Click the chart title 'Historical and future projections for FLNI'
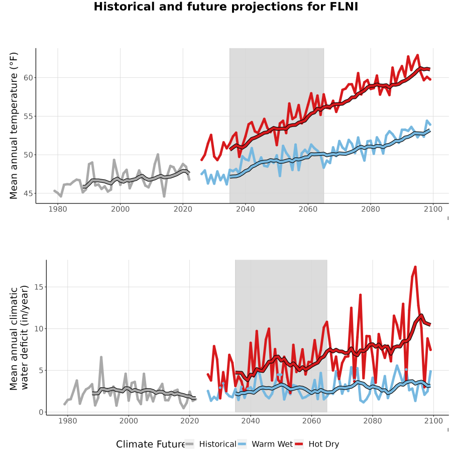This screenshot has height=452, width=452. pos(225,7)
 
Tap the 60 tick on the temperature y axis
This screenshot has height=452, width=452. pos(28,78)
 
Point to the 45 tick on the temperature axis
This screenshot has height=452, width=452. pos(28,193)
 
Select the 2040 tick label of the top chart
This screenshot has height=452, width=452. pos(245,209)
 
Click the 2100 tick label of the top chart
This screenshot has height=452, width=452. pos(433,209)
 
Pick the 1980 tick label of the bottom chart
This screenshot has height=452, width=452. pos(68,421)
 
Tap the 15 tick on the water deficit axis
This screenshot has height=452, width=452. pos(39,287)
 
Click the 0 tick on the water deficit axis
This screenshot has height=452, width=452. pos(41,412)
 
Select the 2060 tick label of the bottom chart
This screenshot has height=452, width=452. pos(311,421)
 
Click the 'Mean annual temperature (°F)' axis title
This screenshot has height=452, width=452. pos(14,126)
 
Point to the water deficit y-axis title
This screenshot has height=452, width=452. pos(19,337)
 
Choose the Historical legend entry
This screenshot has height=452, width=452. pos(210,444)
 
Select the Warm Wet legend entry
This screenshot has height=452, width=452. pos(265,444)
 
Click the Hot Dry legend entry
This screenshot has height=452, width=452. pos(316,444)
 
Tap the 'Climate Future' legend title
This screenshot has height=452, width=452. pos(150,444)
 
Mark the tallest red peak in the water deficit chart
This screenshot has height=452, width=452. pos(415,267)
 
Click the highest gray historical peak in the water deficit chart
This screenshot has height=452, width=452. pos(101,357)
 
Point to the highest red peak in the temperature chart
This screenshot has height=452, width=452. pos(417,55)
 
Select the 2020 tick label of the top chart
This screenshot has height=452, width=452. pos(183,209)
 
